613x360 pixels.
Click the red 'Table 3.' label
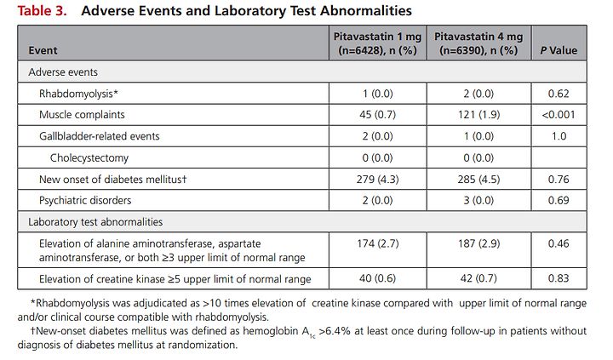[x=42, y=10]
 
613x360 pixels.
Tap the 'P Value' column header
[x=559, y=50]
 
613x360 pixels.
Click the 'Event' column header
[x=43, y=50]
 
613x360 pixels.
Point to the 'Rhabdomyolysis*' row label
[x=78, y=94]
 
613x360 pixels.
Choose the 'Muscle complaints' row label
[x=82, y=115]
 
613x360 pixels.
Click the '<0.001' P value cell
[x=559, y=115]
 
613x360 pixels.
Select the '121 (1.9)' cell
[x=478, y=115]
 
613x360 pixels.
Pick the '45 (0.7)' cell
[x=377, y=115]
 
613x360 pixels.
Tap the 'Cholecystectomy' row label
[x=89, y=158]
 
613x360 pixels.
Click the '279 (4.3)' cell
[x=377, y=180]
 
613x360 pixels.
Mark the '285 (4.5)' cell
[x=478, y=180]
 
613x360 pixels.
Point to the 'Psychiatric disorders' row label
[x=85, y=201]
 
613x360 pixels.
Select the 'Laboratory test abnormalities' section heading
[x=95, y=222]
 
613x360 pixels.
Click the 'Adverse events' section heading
[x=63, y=72]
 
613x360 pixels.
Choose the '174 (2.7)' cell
[x=378, y=244]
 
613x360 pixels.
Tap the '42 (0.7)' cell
[x=478, y=278]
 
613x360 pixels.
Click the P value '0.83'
[x=559, y=278]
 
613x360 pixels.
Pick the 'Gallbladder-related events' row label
[x=100, y=136]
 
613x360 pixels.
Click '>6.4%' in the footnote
[x=335, y=331]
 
